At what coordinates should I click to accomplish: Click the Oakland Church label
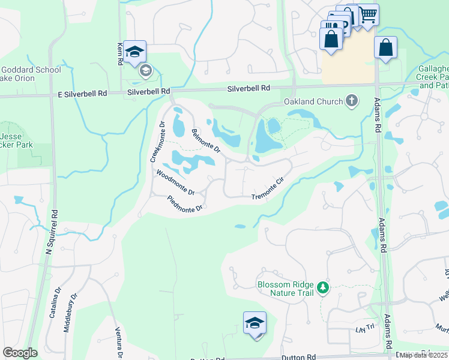[x=313, y=101]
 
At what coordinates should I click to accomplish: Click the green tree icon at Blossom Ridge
[x=324, y=289]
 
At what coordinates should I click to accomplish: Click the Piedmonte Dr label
[x=186, y=205]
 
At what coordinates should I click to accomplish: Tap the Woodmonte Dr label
[x=175, y=182]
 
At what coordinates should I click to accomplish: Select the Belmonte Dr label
[x=206, y=140]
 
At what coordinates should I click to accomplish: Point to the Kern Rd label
[x=120, y=53]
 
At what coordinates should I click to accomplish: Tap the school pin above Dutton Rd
[x=255, y=323]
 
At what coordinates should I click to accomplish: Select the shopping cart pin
[x=367, y=14]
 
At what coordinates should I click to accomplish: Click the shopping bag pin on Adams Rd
[x=385, y=48]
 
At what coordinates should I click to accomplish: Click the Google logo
[x=20, y=353]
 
